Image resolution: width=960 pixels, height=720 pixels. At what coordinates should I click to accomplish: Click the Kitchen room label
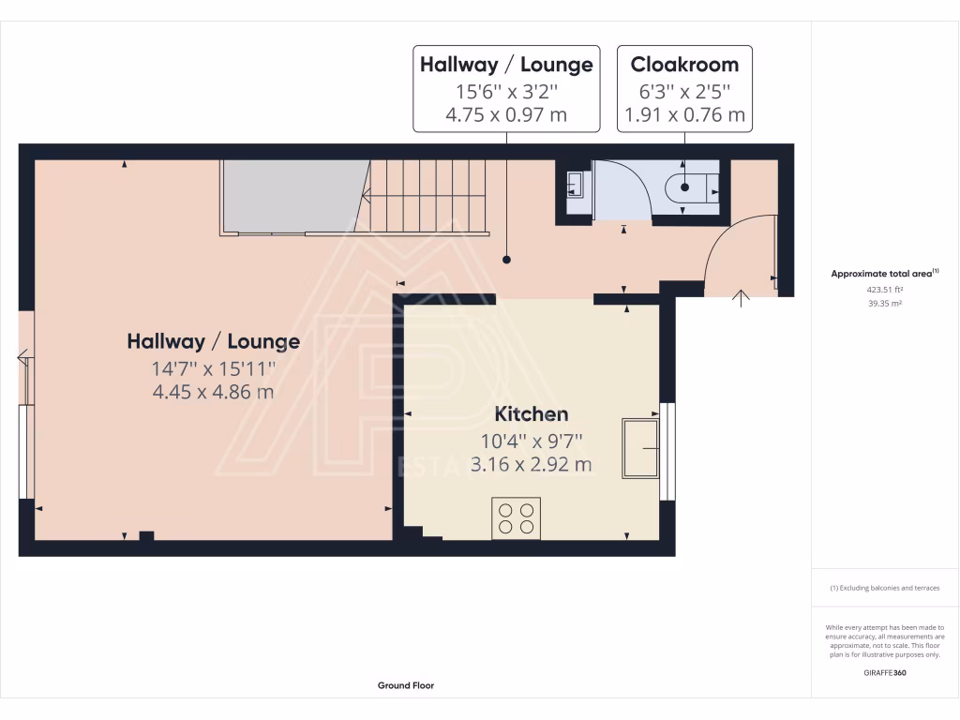click(x=532, y=413)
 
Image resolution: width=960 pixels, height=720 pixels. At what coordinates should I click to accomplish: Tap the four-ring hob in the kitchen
click(x=516, y=518)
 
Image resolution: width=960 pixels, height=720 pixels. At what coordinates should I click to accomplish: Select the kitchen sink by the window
click(x=640, y=447)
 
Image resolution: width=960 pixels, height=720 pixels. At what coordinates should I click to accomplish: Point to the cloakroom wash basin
click(x=574, y=186)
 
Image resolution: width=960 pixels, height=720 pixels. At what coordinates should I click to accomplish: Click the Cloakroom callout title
click(x=683, y=65)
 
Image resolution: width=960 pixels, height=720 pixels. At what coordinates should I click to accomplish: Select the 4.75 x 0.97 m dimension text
click(x=506, y=115)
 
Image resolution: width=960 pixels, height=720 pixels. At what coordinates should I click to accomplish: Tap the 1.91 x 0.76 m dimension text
click(x=683, y=115)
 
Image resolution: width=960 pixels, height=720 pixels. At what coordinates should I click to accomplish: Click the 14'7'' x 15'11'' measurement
click(x=214, y=367)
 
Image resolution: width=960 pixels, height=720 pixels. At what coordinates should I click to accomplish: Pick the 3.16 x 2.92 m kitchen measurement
click(x=532, y=463)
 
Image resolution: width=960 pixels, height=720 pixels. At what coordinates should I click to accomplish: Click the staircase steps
click(x=427, y=195)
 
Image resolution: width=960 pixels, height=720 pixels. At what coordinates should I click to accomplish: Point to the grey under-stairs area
click(x=292, y=195)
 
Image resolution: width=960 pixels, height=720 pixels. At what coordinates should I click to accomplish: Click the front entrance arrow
click(x=742, y=298)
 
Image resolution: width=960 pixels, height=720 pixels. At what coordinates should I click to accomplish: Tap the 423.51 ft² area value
click(x=885, y=290)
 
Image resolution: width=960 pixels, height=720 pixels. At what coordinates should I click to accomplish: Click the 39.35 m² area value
click(x=885, y=303)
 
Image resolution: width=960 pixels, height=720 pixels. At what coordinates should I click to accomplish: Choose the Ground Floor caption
click(x=406, y=685)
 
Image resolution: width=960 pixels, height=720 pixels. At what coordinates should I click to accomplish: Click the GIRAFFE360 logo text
click(x=885, y=672)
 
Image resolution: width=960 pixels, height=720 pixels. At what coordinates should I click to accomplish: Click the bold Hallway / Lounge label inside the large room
click(x=214, y=342)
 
